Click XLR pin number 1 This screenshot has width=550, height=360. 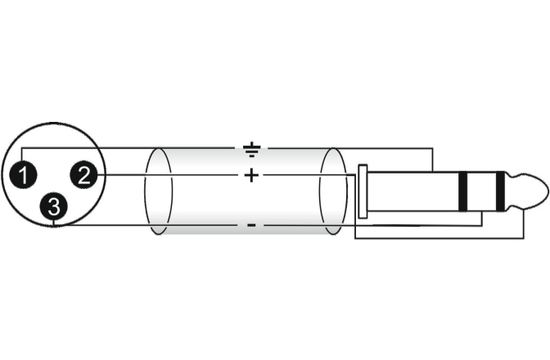(23, 175)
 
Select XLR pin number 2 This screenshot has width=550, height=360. (83, 175)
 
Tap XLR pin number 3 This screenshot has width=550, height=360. (53, 206)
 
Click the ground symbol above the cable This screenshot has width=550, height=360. (251, 149)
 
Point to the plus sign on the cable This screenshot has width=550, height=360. (251, 175)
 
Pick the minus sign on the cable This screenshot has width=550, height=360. (251, 225)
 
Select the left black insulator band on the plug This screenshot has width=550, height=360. (463, 191)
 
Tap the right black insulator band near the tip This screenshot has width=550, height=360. (501, 191)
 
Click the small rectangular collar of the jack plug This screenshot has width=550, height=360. (363, 191)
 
